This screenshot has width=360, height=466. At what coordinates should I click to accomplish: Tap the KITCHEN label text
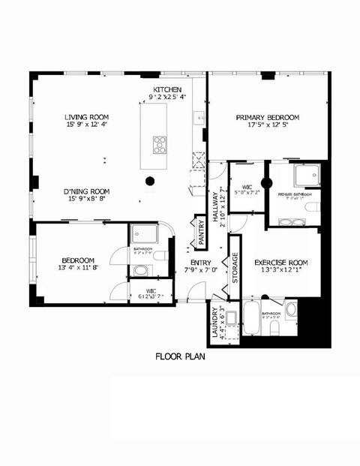click(168, 89)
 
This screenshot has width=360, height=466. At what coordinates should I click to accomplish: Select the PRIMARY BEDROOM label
click(268, 118)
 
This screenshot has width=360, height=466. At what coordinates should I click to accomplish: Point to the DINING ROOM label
click(87, 191)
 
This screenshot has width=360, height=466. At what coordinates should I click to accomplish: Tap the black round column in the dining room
click(150, 180)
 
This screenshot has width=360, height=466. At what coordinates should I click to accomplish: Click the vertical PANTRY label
click(200, 232)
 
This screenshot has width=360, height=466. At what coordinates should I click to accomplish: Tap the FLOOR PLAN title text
click(180, 356)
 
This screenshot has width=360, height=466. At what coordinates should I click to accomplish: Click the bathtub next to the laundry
click(251, 319)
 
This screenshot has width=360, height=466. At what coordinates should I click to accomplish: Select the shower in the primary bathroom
click(306, 175)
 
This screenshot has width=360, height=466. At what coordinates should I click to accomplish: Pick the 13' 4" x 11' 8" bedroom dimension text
click(78, 267)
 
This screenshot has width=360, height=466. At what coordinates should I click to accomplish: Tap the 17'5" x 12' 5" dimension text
click(268, 126)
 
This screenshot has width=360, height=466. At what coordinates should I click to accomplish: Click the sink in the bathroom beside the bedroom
click(142, 269)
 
